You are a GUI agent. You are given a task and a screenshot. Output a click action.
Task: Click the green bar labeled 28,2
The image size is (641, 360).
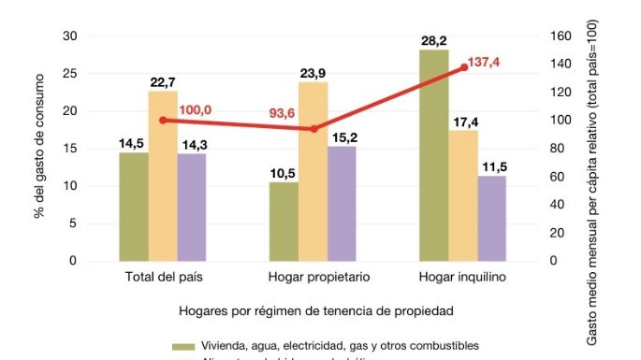tap(435, 155)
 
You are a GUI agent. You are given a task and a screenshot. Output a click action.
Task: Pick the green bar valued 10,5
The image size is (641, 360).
tap(284, 222)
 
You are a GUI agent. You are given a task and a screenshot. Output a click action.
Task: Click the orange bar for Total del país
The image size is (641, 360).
tap(163, 176)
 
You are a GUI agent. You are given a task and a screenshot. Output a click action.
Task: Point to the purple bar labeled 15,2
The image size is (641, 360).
tap(342, 204)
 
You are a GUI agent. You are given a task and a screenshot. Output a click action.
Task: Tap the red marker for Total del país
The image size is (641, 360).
tap(163, 120)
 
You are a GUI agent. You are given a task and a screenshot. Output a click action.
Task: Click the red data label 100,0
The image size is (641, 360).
tap(195, 110)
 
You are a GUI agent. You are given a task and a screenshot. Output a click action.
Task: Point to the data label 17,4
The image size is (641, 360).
tap(463, 122)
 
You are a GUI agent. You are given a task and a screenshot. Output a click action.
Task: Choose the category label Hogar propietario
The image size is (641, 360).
tap(313, 278)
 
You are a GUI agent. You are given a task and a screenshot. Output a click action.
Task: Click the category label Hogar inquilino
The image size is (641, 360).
tap(464, 278)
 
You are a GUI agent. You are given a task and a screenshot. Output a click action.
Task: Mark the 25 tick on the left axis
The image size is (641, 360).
tap(69, 74)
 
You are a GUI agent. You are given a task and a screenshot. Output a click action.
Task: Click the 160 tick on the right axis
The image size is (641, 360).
tap(559, 36)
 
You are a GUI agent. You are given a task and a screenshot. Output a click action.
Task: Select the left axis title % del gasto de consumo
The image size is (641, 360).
tap(39, 150)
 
